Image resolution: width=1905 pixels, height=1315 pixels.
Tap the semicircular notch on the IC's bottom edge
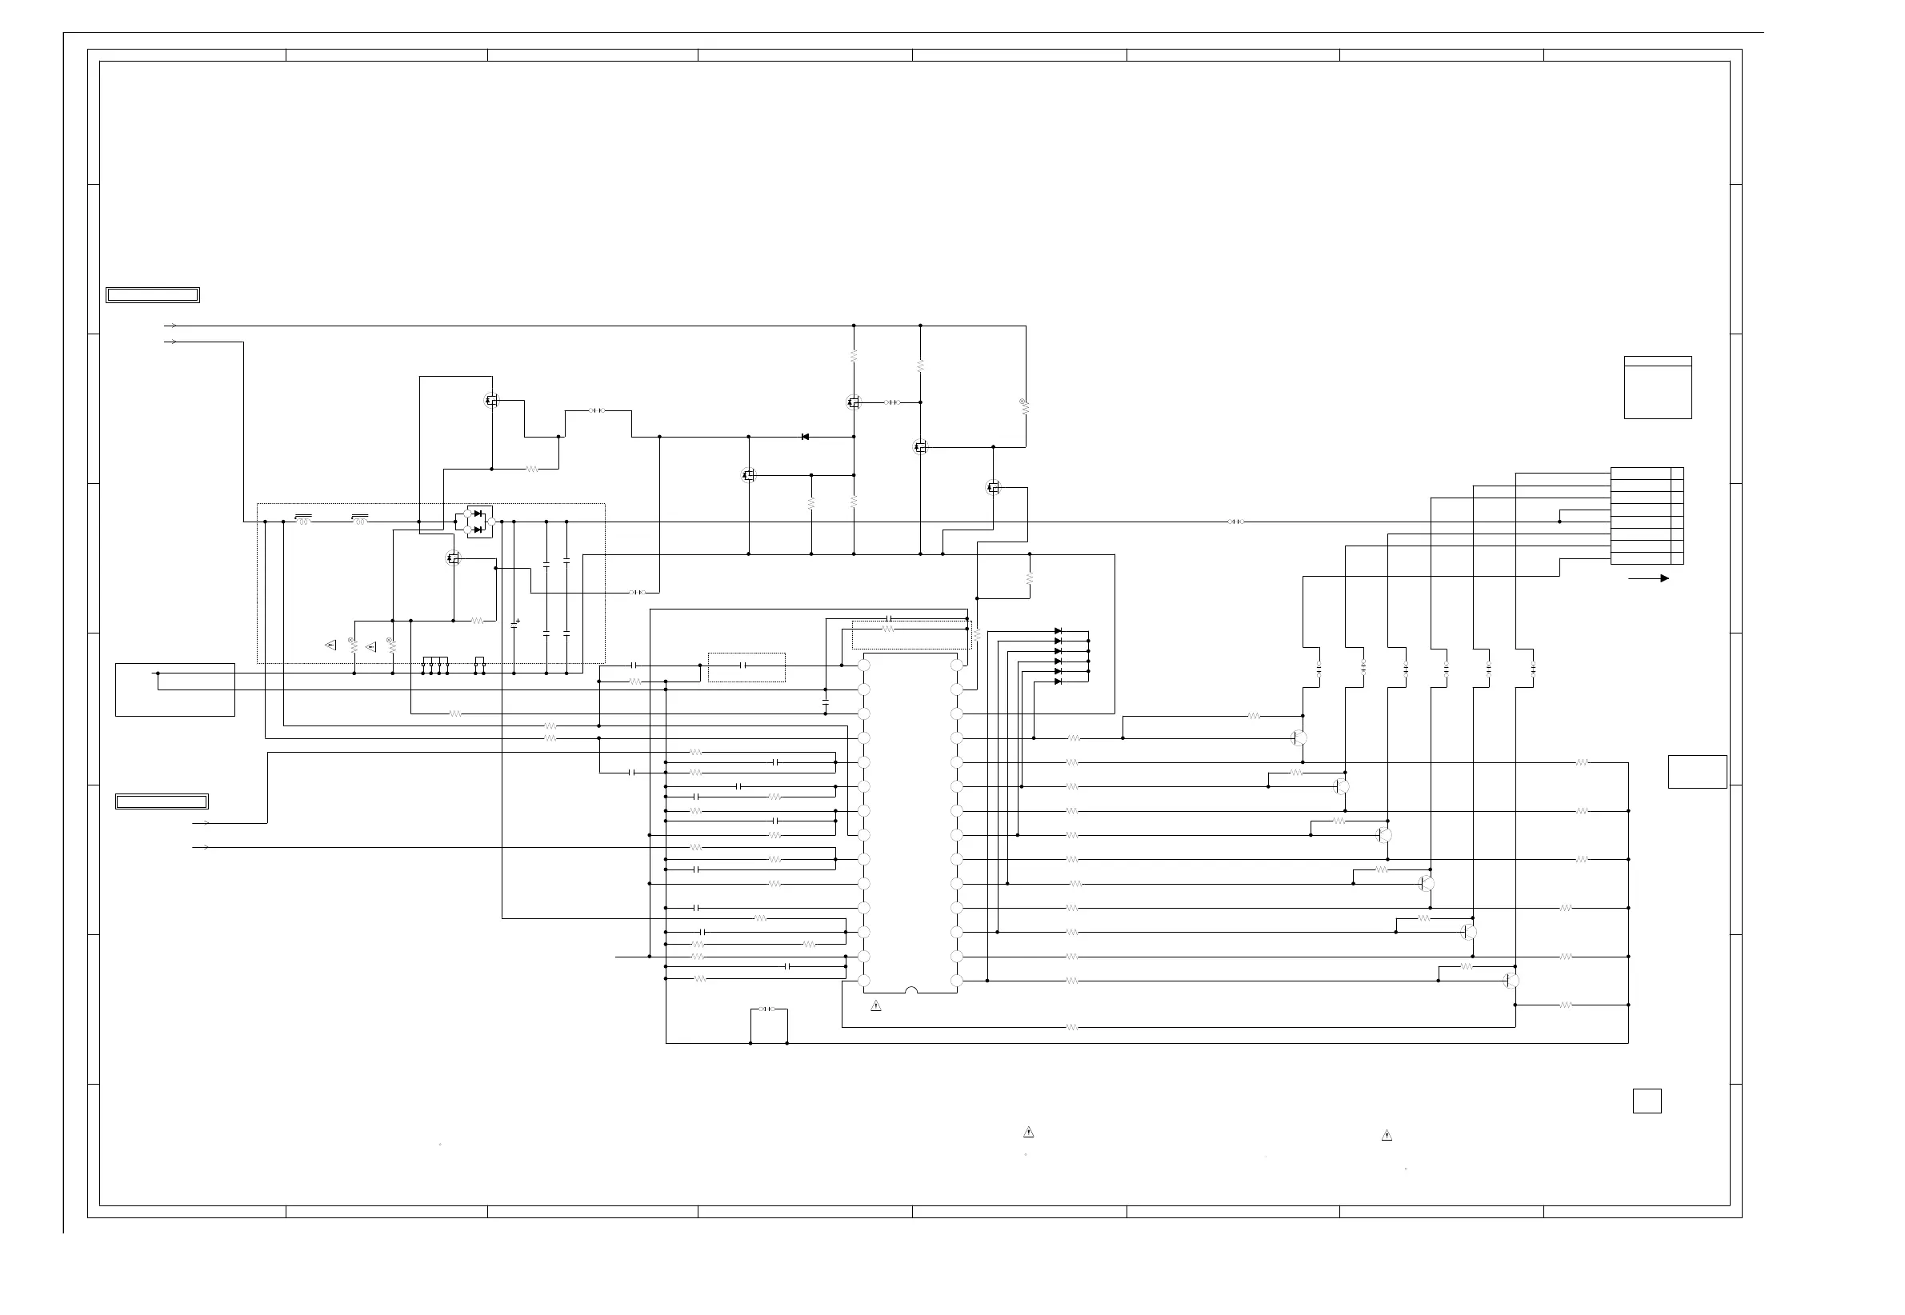click(x=910, y=990)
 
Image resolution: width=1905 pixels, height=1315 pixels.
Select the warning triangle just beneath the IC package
click(x=876, y=1006)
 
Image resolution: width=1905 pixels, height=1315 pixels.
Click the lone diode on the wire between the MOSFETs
click(x=805, y=437)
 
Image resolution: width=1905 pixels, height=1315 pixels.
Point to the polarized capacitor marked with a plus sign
click(x=514, y=625)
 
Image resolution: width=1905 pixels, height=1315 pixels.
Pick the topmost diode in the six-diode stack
click(x=1058, y=631)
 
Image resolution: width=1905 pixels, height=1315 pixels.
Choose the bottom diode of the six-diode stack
click(x=1058, y=681)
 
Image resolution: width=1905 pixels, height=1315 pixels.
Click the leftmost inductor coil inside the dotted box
click(x=303, y=521)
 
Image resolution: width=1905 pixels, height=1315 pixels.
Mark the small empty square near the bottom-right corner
click(x=1647, y=1101)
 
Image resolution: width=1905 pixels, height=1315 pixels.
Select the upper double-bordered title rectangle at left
click(x=153, y=295)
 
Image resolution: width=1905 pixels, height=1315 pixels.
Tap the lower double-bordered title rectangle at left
click(x=162, y=801)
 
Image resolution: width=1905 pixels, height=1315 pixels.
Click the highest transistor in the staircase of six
click(x=1299, y=738)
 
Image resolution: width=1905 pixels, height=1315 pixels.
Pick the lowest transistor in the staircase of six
click(x=1511, y=981)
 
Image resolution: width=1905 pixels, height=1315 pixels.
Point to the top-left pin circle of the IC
click(x=863, y=665)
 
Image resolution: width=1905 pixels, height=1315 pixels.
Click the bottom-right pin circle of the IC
click(x=957, y=981)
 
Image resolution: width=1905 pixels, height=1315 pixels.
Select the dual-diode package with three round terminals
click(x=477, y=522)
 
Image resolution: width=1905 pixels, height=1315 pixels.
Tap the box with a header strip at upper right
click(x=1658, y=387)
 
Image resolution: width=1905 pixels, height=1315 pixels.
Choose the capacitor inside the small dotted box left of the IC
click(x=745, y=665)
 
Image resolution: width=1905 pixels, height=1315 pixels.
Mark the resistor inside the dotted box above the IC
click(x=887, y=629)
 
